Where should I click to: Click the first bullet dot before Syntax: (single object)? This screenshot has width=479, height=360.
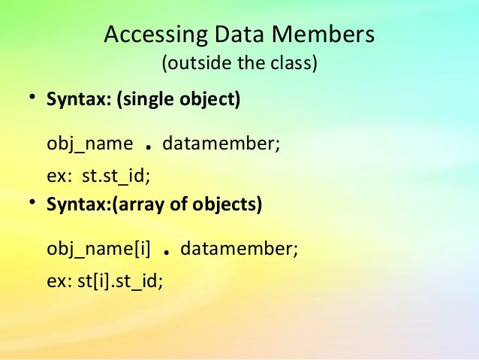[32, 99]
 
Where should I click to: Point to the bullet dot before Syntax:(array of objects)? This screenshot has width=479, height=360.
[32, 204]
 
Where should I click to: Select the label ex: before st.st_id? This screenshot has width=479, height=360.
[59, 177]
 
